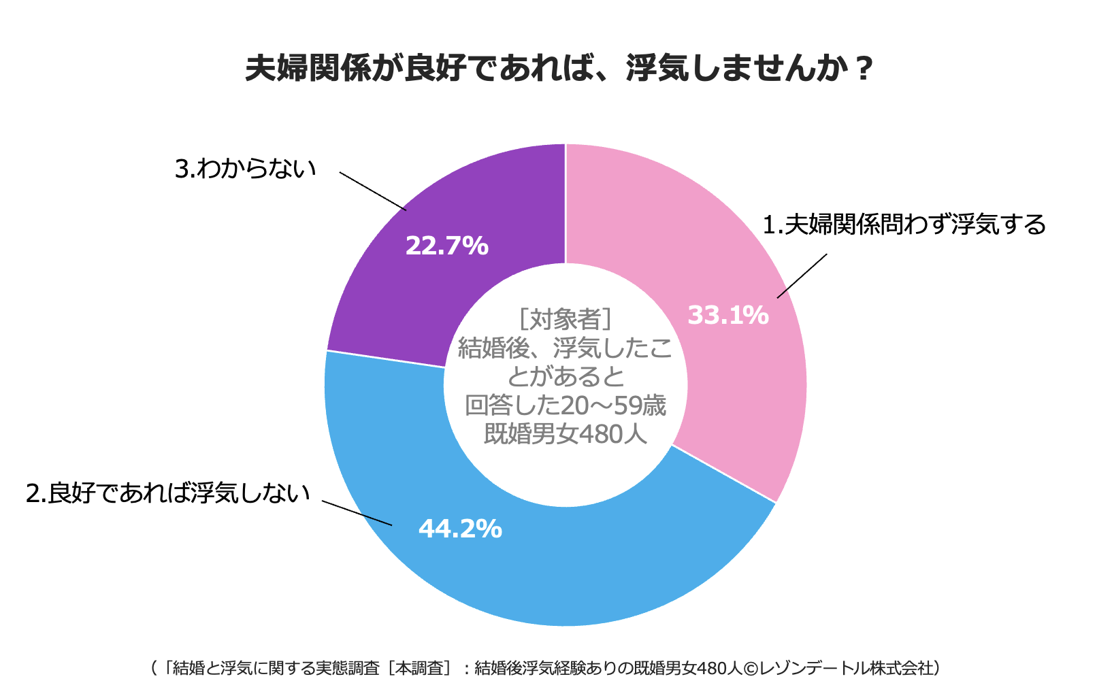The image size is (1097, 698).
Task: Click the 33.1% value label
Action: coord(727,315)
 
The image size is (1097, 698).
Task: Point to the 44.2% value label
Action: coord(460,529)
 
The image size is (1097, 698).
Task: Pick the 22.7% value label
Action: coord(446,246)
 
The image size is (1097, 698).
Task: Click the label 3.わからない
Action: coord(246,169)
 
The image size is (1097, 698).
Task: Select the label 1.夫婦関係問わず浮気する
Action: coord(904,224)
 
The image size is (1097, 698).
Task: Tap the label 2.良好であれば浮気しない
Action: coord(167,493)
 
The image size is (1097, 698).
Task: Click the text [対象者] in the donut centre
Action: coord(565,318)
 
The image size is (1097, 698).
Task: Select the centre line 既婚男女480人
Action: coord(565,434)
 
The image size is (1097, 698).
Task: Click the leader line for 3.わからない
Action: coord(373,191)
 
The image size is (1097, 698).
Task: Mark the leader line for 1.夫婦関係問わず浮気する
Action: coord(802,276)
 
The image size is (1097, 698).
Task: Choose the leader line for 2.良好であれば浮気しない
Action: coord(357,514)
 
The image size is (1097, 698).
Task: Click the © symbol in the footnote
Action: coord(749,668)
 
